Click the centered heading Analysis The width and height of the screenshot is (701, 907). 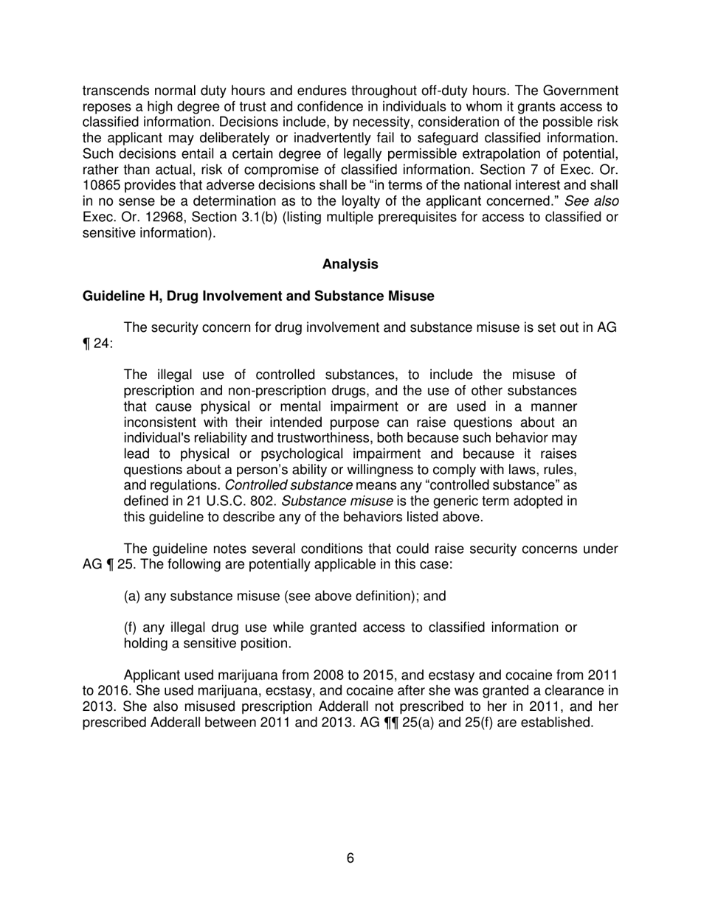pos(350,264)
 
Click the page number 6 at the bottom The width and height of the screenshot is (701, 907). pos(350,858)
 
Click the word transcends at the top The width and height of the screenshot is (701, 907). pos(115,91)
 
